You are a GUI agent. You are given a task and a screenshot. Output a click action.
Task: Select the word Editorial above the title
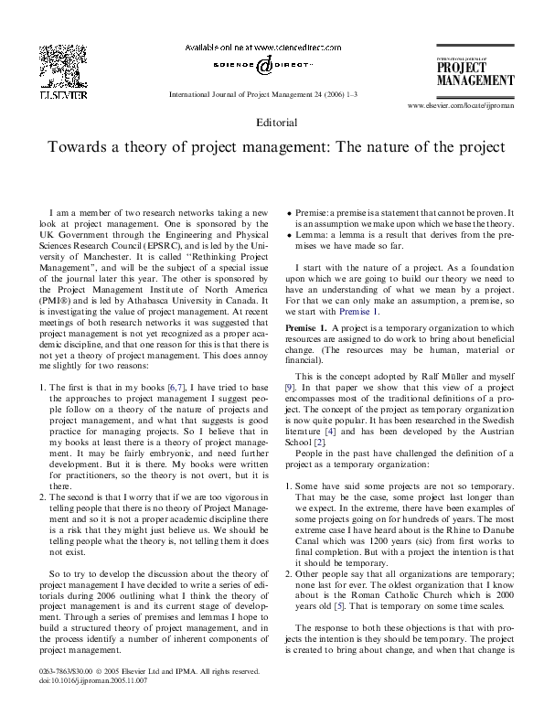(x=272, y=121)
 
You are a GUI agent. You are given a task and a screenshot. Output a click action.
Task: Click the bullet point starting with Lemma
(x=290, y=234)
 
